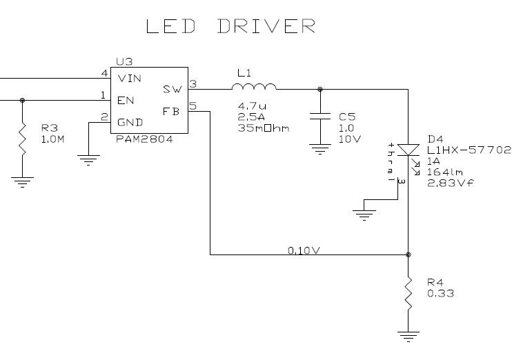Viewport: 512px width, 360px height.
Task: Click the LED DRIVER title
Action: click(231, 26)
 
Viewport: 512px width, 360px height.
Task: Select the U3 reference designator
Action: click(124, 61)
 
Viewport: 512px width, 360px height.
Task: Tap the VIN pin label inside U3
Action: click(130, 78)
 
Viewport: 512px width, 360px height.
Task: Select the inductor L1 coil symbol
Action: click(254, 86)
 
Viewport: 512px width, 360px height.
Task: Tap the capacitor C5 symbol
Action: click(319, 118)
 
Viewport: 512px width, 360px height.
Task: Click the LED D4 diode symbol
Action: click(408, 150)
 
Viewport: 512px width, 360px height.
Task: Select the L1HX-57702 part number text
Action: click(468, 149)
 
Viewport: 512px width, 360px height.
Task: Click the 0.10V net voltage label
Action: click(304, 250)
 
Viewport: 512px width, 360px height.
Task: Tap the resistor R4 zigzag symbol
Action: click(408, 293)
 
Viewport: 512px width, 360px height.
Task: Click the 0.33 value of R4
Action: click(440, 294)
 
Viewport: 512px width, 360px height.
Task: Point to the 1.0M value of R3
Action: click(53, 139)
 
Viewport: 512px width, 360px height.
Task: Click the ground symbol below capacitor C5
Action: click(319, 147)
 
